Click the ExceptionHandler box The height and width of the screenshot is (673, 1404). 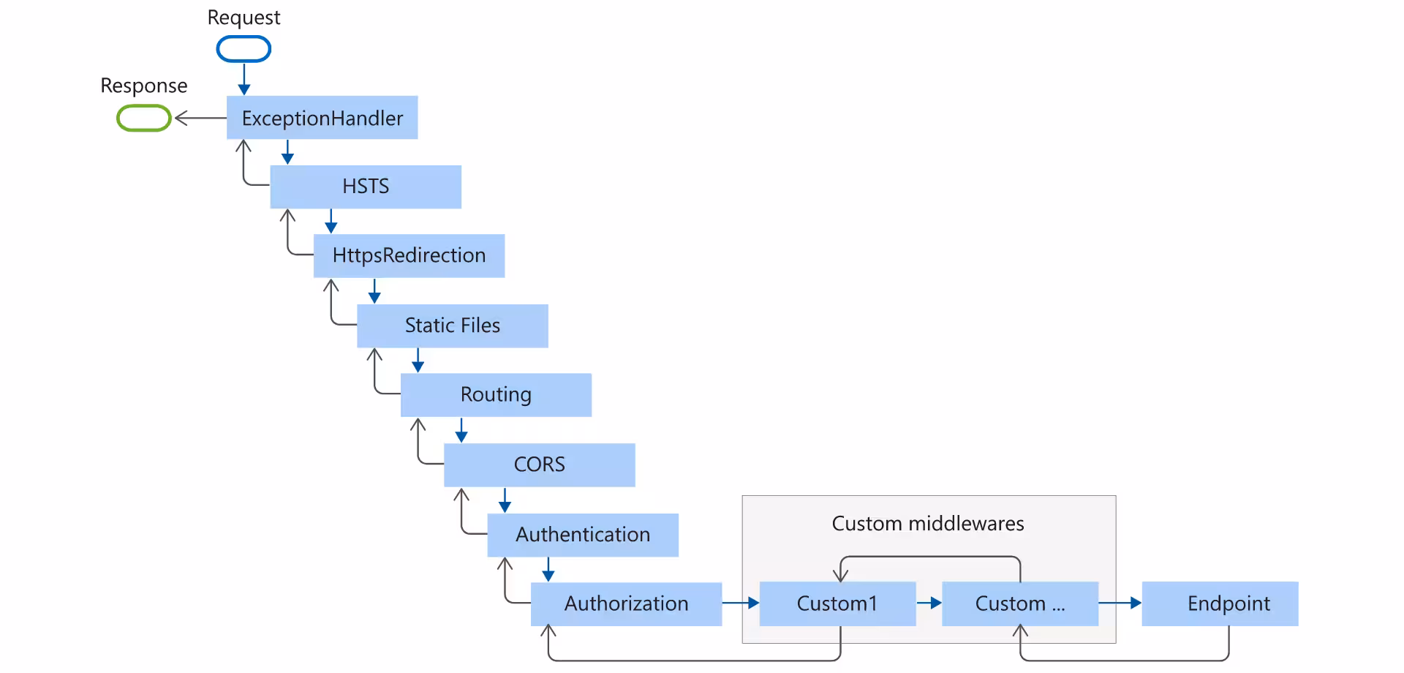[x=322, y=118]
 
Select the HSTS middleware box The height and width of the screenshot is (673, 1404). [x=366, y=187]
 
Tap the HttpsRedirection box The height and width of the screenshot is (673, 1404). [x=409, y=255]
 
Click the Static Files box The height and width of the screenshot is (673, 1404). [x=452, y=326]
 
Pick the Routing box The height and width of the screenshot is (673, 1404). [x=496, y=395]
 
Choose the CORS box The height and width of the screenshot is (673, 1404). [x=539, y=465]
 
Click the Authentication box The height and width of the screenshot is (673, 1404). [x=583, y=535]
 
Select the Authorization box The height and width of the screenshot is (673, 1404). [x=626, y=604]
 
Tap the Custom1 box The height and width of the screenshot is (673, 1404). [x=837, y=604]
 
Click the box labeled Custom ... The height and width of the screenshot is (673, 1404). [x=1020, y=604]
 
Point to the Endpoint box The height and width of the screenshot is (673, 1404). [x=1220, y=604]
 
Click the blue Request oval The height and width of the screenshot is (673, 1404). [x=244, y=49]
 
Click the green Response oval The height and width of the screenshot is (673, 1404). [x=144, y=118]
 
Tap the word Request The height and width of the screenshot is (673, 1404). [x=244, y=18]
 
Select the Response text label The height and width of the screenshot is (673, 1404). [x=144, y=86]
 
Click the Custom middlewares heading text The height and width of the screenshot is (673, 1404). [x=927, y=524]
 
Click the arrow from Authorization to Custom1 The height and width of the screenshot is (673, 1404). [x=740, y=603]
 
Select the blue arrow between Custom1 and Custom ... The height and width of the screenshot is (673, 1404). [x=929, y=603]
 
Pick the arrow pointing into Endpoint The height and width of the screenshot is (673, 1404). [x=1120, y=603]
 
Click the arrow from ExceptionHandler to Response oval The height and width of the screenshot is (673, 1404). [x=200, y=118]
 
